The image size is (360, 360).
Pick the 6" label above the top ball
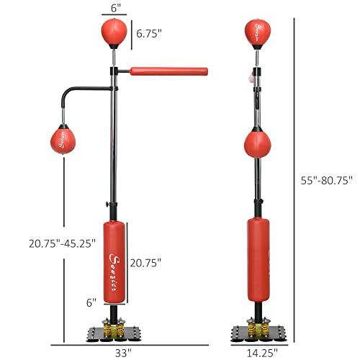(114, 6)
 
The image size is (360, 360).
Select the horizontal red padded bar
(168, 72)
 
